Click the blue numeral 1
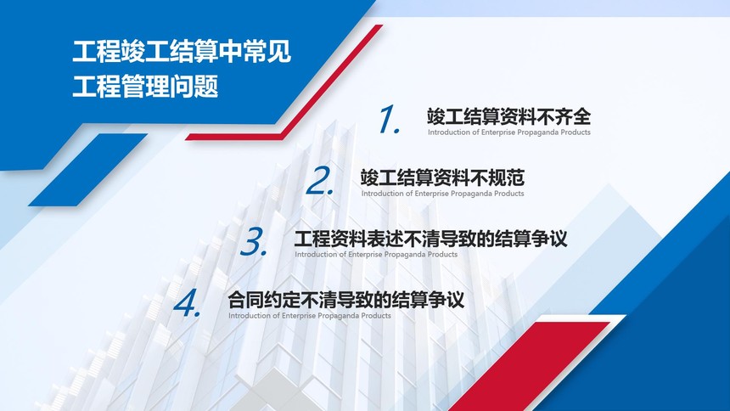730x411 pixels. pyautogui.click(x=390, y=119)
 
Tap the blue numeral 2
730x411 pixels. pyautogui.click(x=320, y=181)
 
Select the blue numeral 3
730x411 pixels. pyautogui.click(x=254, y=241)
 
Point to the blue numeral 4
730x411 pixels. pyautogui.click(x=187, y=303)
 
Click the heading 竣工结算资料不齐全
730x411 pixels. pyautogui.click(x=508, y=116)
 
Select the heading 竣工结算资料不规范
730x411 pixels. pyautogui.click(x=442, y=177)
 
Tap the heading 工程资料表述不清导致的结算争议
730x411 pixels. pyautogui.click(x=430, y=239)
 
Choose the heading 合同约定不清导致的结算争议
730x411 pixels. pyautogui.click(x=346, y=300)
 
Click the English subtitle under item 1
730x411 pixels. pyautogui.click(x=508, y=132)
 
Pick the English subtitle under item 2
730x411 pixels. pyautogui.click(x=442, y=194)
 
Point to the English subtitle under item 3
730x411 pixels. pyautogui.click(x=376, y=255)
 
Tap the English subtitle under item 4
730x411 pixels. pyautogui.click(x=309, y=316)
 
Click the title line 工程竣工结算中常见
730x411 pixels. pyautogui.click(x=182, y=51)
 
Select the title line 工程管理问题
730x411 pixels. pyautogui.click(x=145, y=87)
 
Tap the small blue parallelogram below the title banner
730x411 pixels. pyautogui.click(x=88, y=170)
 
